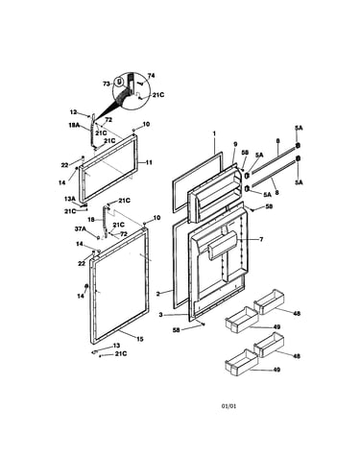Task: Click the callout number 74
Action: pyautogui.click(x=151, y=76)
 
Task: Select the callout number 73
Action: pyautogui.click(x=107, y=84)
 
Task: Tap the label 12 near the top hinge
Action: pyautogui.click(x=73, y=112)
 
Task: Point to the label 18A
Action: pyautogui.click(x=74, y=126)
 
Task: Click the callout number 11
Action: pyautogui.click(x=149, y=162)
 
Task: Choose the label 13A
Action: pyautogui.click(x=69, y=199)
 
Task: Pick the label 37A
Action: pyautogui.click(x=81, y=228)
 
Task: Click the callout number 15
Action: pyautogui.click(x=140, y=339)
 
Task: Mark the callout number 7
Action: pyautogui.click(x=261, y=239)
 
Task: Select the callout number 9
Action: pyautogui.click(x=235, y=144)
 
